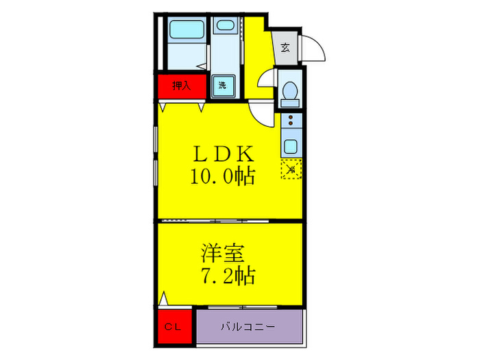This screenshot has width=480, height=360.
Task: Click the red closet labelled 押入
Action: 180,86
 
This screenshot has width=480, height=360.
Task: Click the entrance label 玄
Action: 284,49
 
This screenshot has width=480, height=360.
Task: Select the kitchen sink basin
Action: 291,146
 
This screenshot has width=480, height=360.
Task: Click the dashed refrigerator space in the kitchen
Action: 291,168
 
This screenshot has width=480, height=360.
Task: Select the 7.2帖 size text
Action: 228,276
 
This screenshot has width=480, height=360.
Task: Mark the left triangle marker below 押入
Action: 162,107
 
